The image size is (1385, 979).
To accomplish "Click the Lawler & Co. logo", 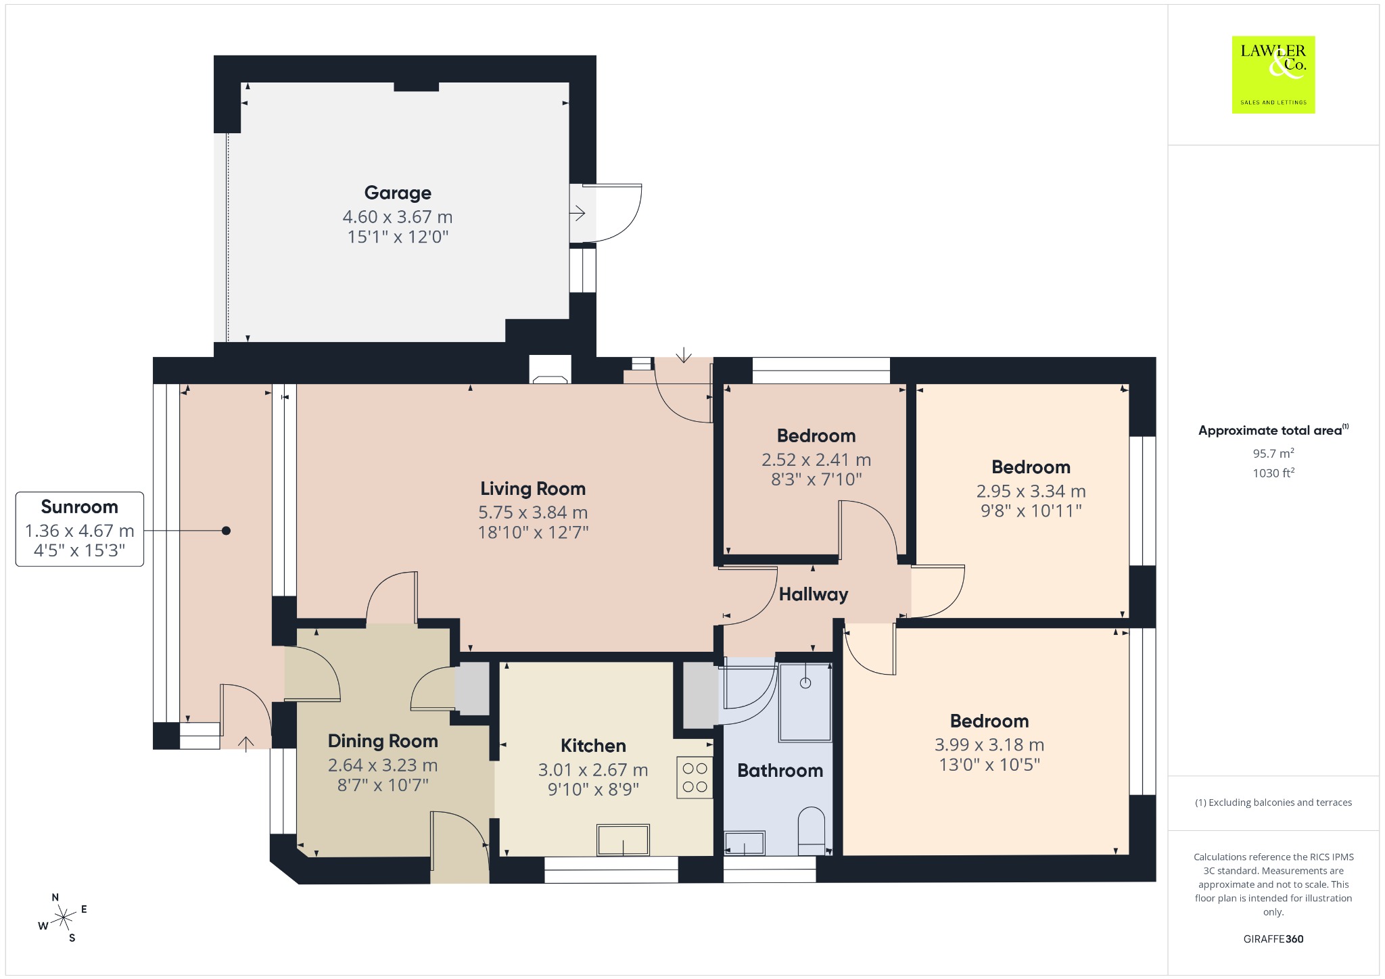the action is [x=1273, y=74].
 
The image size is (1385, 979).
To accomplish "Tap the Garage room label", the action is [x=398, y=193].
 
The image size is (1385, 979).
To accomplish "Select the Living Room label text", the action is [x=533, y=488].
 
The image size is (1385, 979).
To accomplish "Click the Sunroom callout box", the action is [x=80, y=529].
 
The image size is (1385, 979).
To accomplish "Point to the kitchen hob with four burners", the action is [x=695, y=778].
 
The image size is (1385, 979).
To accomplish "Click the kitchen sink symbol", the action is [x=623, y=840].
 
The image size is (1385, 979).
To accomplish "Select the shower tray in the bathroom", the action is [x=805, y=702].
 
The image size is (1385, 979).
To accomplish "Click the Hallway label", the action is [x=814, y=594].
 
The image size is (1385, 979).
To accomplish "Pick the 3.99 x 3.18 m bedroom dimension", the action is [x=989, y=744].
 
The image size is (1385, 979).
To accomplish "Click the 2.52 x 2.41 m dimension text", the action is [x=816, y=460].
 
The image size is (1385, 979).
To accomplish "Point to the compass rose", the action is [x=63, y=917].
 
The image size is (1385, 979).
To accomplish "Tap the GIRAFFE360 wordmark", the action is [x=1273, y=938].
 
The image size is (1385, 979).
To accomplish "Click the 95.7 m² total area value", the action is [x=1273, y=453].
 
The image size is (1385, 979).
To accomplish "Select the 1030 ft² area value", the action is [x=1273, y=473].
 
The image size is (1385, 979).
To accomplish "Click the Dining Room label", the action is [x=383, y=741].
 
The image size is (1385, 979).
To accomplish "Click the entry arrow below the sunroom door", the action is [x=245, y=742].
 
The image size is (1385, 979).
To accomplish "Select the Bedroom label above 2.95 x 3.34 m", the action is [x=1031, y=467].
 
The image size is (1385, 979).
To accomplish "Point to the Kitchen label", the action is [x=593, y=746].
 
